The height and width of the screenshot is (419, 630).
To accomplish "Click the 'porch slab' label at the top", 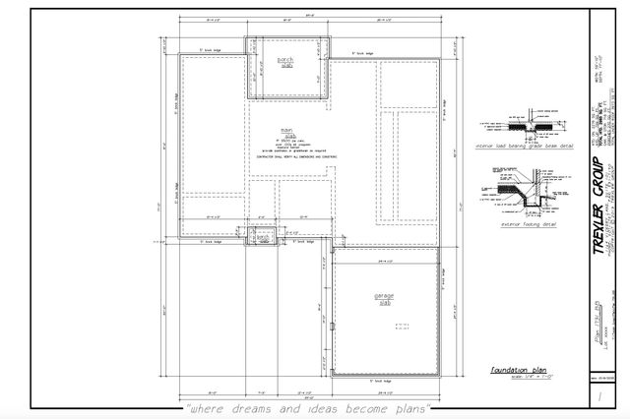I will pos(285,61).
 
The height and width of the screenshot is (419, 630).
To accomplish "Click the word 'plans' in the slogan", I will pos(410,407).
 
